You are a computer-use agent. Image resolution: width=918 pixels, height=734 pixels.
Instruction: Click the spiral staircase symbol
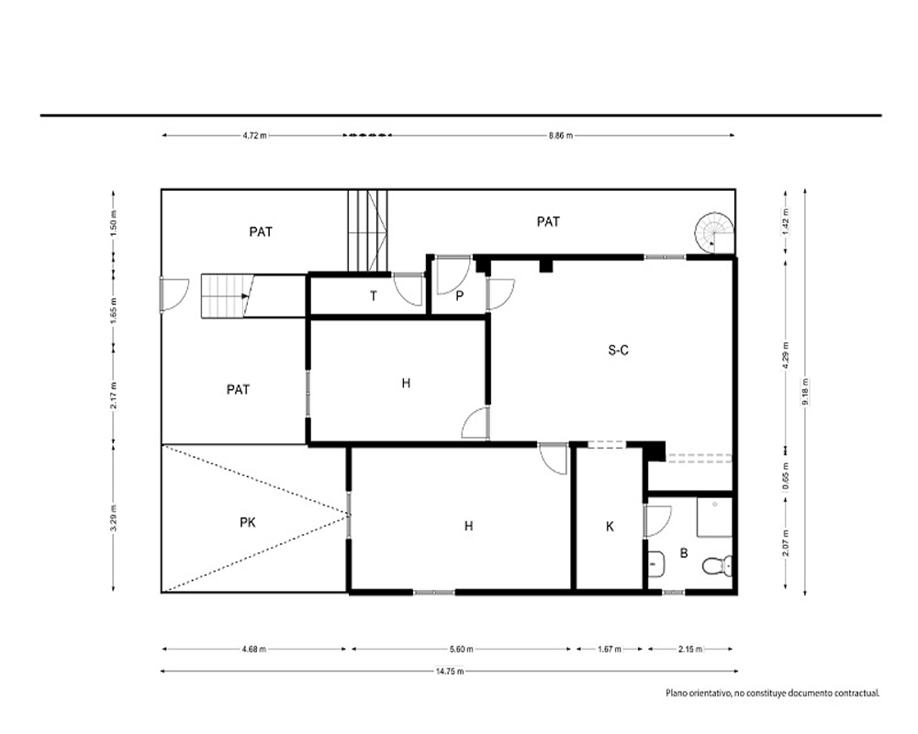pyautogui.click(x=714, y=233)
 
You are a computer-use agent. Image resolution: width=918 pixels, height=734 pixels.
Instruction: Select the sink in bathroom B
pyautogui.click(x=655, y=564)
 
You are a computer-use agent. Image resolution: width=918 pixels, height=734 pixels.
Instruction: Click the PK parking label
pyautogui.click(x=248, y=522)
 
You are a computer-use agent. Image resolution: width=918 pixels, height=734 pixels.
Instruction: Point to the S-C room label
pyautogui.click(x=618, y=350)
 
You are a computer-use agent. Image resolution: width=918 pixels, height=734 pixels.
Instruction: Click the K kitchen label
pyautogui.click(x=610, y=527)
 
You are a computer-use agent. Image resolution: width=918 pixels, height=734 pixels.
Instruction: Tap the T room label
pyautogui.click(x=374, y=296)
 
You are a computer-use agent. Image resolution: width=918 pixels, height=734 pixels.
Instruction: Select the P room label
pyautogui.click(x=460, y=296)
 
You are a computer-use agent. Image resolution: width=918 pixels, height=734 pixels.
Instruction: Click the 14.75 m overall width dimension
pyautogui.click(x=450, y=672)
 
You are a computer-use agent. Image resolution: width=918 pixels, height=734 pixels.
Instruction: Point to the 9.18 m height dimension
pyautogui.click(x=805, y=392)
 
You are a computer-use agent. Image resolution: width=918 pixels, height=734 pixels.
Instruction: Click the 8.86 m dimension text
pyautogui.click(x=560, y=136)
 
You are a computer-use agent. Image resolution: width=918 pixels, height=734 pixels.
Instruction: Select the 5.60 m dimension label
pyautogui.click(x=462, y=649)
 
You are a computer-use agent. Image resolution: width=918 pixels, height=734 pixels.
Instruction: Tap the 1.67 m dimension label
pyautogui.click(x=610, y=649)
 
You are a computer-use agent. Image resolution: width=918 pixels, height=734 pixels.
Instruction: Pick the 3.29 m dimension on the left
pyautogui.click(x=114, y=517)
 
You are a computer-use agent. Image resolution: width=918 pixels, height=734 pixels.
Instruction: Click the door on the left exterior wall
pyautogui.click(x=174, y=295)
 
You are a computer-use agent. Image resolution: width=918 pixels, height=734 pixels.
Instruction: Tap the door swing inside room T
pyautogui.click(x=409, y=289)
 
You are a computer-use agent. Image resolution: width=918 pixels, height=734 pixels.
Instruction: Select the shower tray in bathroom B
pyautogui.click(x=714, y=517)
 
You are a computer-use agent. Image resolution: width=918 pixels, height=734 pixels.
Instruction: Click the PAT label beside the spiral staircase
pyautogui.click(x=548, y=222)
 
